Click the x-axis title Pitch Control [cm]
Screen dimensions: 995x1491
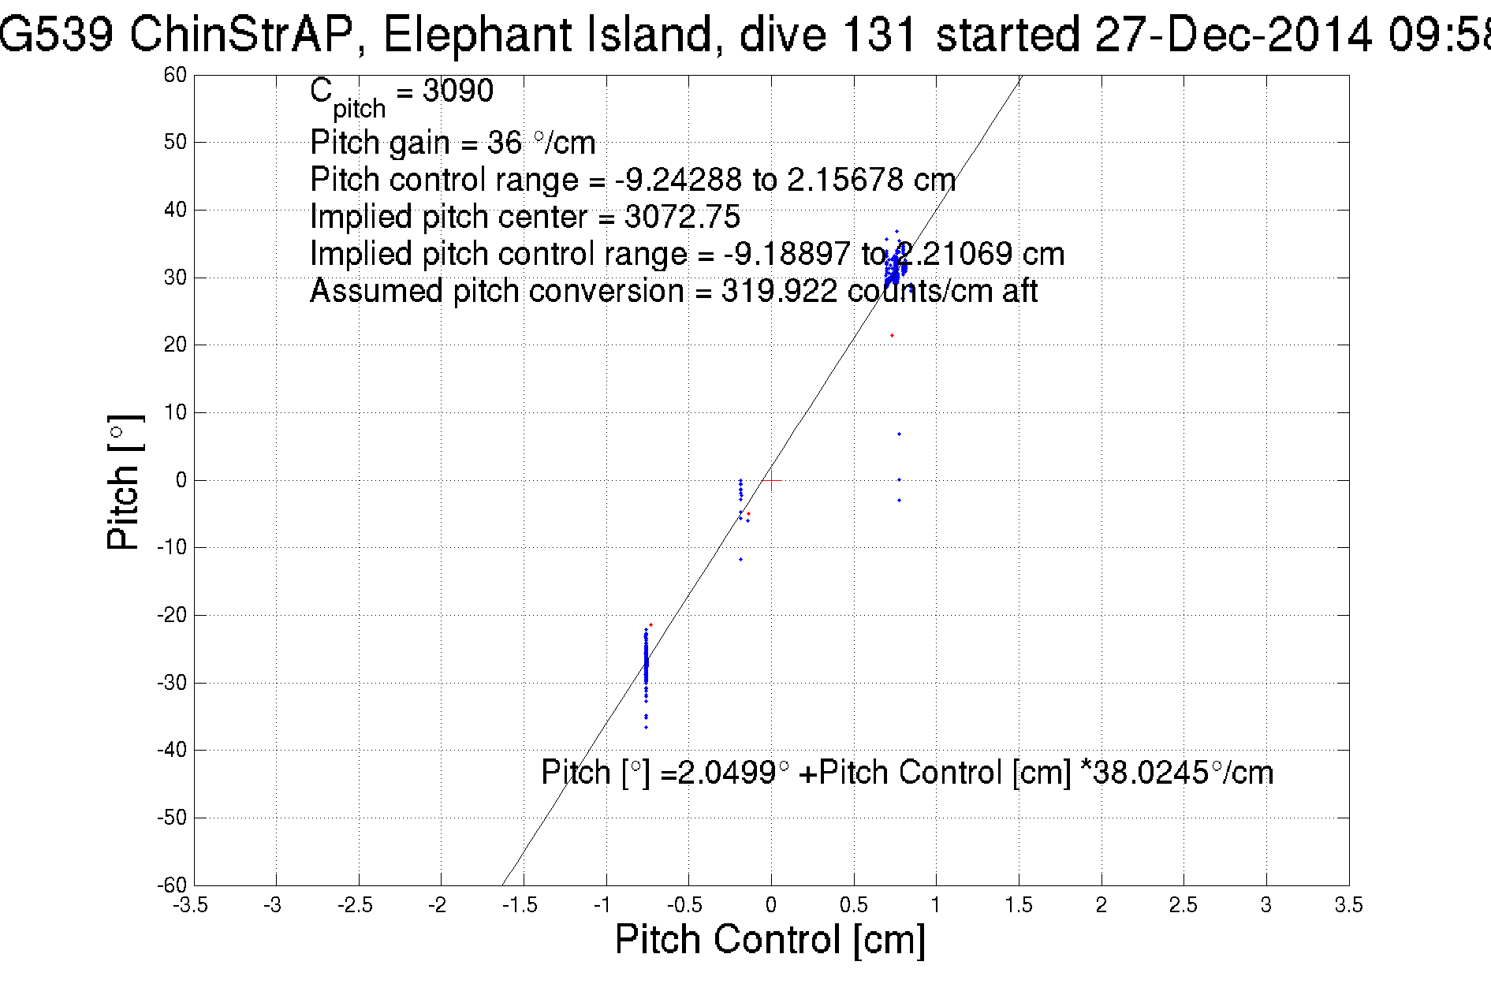coord(770,940)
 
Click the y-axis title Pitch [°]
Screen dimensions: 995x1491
coord(125,482)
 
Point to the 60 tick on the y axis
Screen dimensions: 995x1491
coord(175,75)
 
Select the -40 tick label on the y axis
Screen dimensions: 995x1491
coord(172,750)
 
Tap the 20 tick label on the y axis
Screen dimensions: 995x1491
coord(175,345)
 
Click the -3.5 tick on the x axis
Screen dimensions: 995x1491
coord(191,905)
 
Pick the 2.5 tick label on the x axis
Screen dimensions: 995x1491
coord(1183,905)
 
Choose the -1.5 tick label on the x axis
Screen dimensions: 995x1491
coord(520,905)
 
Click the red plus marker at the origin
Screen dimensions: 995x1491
coord(771,480)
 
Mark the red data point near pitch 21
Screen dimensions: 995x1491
coord(892,336)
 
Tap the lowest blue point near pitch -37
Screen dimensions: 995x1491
coord(646,728)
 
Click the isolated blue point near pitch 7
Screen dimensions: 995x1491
coord(899,434)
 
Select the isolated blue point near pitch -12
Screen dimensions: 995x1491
coord(740,560)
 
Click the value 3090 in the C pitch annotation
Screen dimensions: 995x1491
coord(457,91)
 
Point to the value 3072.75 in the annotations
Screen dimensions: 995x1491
coord(682,217)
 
